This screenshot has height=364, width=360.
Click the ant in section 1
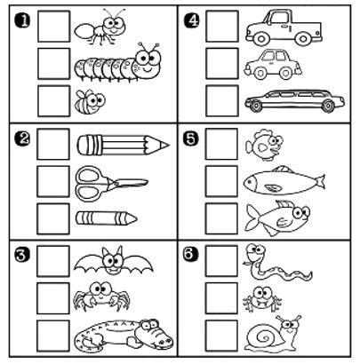(x=100, y=28)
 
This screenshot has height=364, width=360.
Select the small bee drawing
(x=90, y=102)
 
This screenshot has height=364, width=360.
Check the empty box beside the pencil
(x=53, y=144)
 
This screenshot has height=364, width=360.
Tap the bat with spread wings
(x=113, y=260)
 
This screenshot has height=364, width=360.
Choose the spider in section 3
(x=101, y=296)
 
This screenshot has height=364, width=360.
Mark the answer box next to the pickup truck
(x=222, y=26)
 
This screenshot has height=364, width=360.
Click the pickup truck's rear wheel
(x=303, y=38)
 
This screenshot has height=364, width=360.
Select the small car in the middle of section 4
(x=273, y=65)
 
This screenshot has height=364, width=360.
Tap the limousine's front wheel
(x=254, y=106)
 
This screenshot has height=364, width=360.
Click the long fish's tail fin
(x=320, y=181)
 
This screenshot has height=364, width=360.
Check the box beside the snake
(x=221, y=261)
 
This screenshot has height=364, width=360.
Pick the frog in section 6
(x=262, y=299)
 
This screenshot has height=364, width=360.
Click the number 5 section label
(x=191, y=138)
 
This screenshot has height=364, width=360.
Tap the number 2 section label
(x=22, y=139)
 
